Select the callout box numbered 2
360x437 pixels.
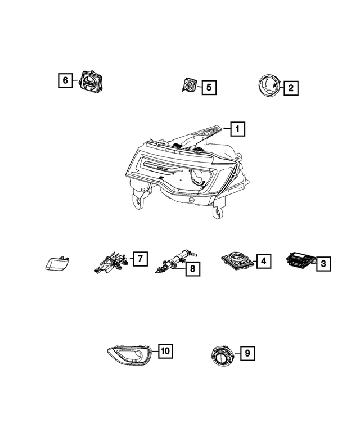(290, 88)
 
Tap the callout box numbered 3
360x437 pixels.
(323, 262)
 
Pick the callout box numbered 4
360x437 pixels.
(263, 260)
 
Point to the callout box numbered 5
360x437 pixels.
(208, 87)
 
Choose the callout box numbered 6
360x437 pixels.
(65, 81)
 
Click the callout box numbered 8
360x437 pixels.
(192, 269)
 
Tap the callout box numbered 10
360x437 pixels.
(165, 351)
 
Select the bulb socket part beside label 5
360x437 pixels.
(190, 86)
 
